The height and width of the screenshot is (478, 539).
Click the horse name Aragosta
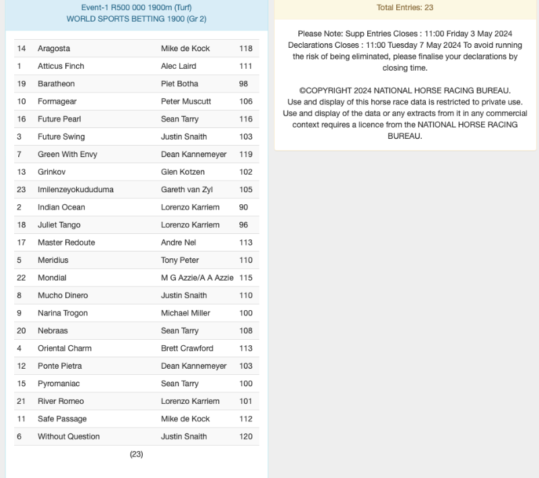click(x=54, y=49)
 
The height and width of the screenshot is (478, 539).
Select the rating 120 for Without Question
click(x=246, y=436)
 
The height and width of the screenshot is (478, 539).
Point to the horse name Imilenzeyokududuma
click(x=75, y=189)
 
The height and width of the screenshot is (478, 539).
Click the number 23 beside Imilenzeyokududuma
click(x=22, y=189)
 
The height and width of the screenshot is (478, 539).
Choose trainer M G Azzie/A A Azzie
click(x=197, y=278)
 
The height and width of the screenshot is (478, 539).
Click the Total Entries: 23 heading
click(x=405, y=8)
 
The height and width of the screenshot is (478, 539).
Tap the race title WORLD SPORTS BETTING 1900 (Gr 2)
click(x=136, y=19)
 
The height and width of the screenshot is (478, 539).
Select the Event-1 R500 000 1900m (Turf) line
click(x=136, y=7)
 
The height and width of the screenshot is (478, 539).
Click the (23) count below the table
click(x=136, y=454)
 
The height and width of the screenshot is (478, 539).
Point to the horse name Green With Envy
click(x=67, y=154)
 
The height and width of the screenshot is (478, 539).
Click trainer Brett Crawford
click(x=187, y=349)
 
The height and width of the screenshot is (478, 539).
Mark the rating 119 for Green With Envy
click(x=246, y=154)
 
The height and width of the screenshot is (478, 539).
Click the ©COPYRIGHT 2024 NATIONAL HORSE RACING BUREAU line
click(x=405, y=90)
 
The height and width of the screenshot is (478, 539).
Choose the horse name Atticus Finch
click(x=61, y=66)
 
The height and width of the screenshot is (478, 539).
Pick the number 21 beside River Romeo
click(x=22, y=401)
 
